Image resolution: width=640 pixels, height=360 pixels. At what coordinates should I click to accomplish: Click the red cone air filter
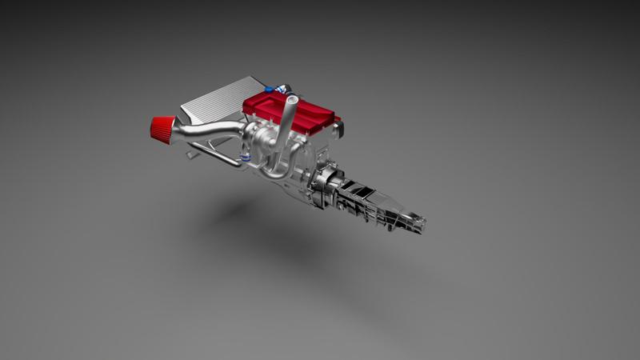pyautogui.click(x=163, y=126)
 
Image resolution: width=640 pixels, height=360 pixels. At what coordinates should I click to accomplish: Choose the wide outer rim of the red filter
pyautogui.click(x=154, y=126)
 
